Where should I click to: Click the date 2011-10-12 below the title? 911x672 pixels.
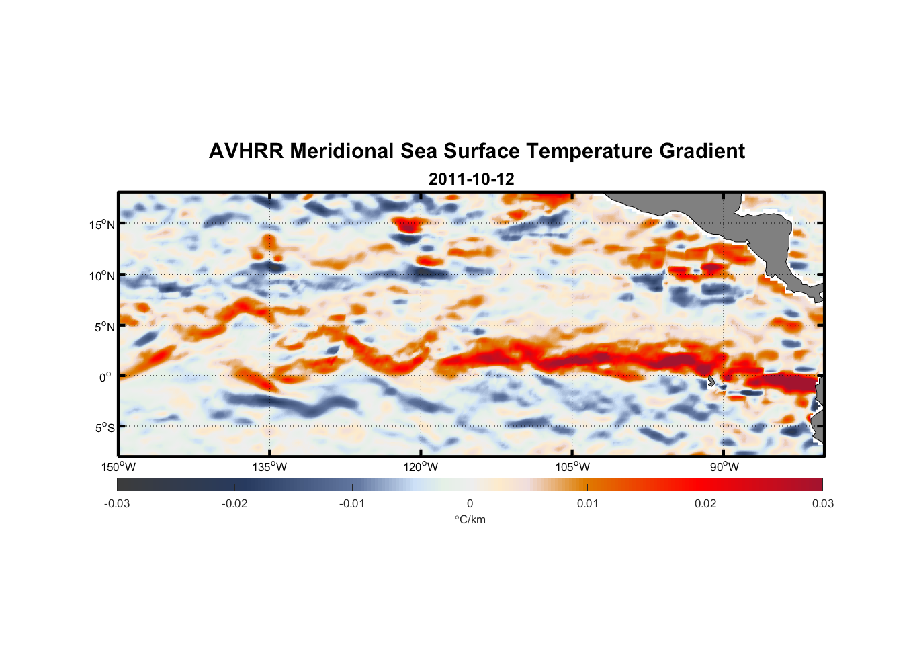point(471,179)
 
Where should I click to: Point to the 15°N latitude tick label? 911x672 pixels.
point(102,224)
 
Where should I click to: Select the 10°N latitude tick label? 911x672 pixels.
point(102,276)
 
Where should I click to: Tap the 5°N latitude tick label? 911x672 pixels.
point(104,327)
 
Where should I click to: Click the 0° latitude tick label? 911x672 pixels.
point(106,377)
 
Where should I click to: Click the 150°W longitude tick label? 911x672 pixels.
point(119,467)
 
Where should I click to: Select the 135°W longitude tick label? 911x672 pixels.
point(270,467)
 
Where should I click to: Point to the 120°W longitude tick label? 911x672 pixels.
point(421,467)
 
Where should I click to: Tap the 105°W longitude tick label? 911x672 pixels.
point(572,467)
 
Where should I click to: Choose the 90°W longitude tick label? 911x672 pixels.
point(724,467)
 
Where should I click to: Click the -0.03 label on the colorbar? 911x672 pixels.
point(117,503)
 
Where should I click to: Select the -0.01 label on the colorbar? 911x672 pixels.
point(352,503)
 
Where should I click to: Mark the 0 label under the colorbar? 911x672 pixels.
point(470,503)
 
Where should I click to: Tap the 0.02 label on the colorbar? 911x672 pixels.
point(705,503)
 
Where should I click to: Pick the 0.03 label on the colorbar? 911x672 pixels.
point(822,503)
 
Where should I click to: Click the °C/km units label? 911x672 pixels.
point(470,519)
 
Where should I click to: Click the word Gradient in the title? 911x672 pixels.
point(702,151)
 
